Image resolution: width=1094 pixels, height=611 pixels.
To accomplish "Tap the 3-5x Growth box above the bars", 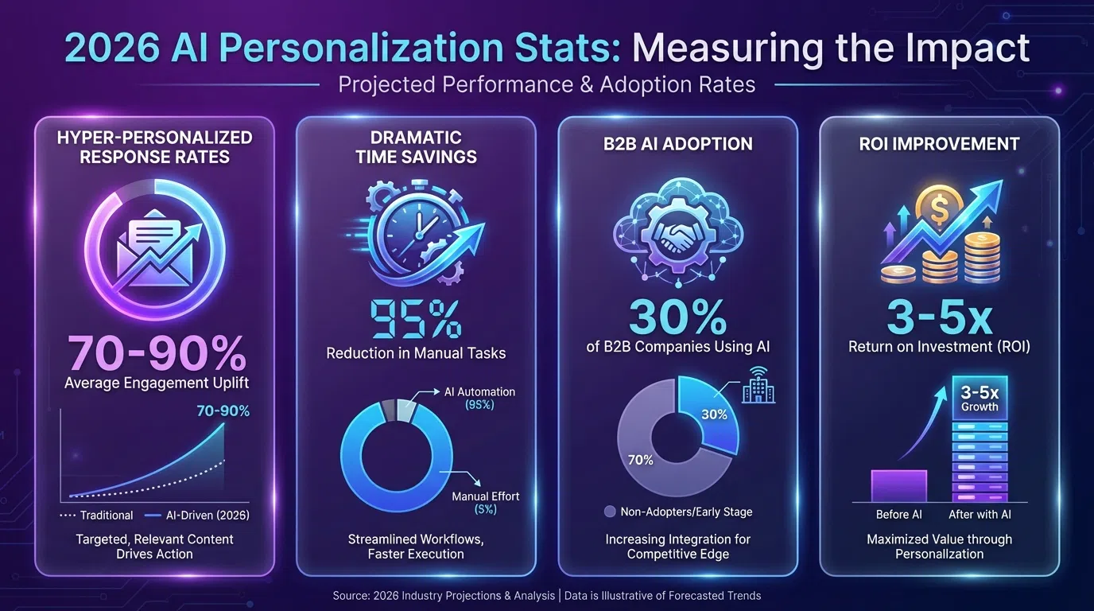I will [980, 398].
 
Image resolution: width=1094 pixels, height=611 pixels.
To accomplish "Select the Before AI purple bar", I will [899, 485].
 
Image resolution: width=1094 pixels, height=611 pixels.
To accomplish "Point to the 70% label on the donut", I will [641, 460].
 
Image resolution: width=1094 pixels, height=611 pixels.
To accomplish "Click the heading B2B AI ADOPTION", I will [678, 144].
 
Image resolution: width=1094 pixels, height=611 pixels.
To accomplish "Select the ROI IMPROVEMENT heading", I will [940, 144].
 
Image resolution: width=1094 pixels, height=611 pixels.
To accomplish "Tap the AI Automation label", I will [479, 391].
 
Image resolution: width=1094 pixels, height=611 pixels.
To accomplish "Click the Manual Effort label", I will [485, 496].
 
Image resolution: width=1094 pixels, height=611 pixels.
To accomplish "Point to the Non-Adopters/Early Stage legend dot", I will [610, 512].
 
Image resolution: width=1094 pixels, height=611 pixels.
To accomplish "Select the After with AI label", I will [980, 515].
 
